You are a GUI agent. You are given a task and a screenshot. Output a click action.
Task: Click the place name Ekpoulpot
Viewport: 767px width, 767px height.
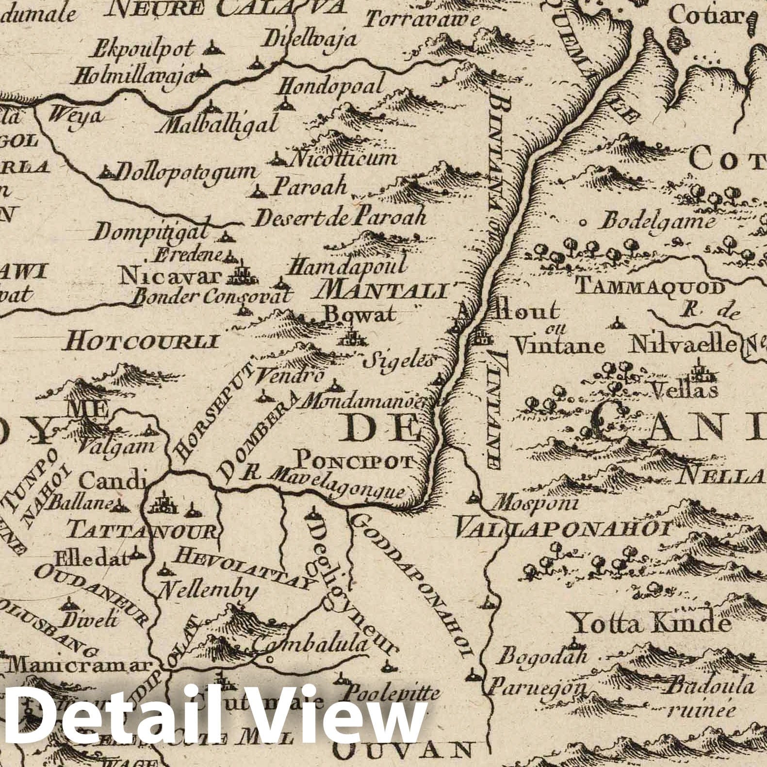click(143, 49)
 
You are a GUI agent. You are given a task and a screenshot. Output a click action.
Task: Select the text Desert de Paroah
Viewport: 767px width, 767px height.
click(340, 217)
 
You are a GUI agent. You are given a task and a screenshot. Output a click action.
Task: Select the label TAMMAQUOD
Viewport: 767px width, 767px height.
click(650, 287)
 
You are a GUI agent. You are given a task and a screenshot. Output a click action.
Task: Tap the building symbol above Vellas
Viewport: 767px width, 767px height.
click(699, 370)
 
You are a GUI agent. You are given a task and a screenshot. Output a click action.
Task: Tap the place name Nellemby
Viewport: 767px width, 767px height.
click(208, 590)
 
